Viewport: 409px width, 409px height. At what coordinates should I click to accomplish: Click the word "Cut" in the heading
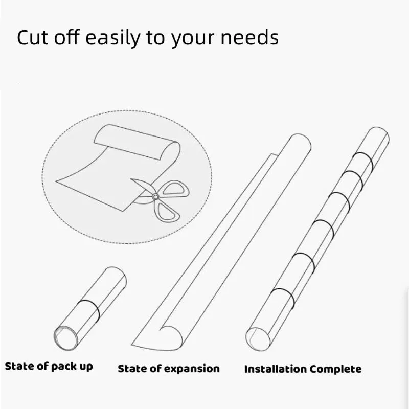tap(32, 37)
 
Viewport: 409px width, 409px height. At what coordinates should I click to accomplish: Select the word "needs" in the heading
tap(249, 38)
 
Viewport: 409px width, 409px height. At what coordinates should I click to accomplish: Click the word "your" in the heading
tap(193, 40)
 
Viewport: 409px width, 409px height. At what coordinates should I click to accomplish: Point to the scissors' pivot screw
tap(155, 196)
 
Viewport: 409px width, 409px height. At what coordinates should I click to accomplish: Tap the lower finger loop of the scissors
tap(165, 211)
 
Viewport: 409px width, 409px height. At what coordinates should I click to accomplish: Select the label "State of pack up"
tap(49, 366)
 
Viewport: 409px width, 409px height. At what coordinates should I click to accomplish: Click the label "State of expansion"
tap(169, 369)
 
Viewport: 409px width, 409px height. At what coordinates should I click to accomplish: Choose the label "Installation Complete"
tap(303, 369)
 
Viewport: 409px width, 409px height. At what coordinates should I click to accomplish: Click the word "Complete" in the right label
tap(336, 369)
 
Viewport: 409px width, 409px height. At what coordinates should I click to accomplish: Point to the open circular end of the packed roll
tap(66, 338)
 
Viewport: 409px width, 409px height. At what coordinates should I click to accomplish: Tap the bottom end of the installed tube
tap(258, 339)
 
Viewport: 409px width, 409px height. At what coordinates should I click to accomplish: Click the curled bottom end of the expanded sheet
tap(171, 337)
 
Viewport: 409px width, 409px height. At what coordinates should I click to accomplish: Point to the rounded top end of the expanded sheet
tap(300, 141)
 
